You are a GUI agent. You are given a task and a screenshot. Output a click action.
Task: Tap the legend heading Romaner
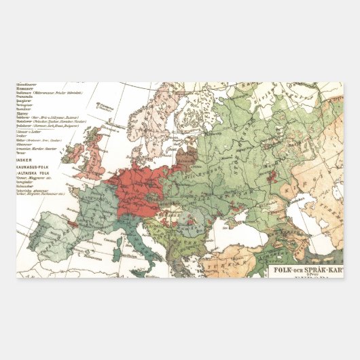point(25,89)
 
